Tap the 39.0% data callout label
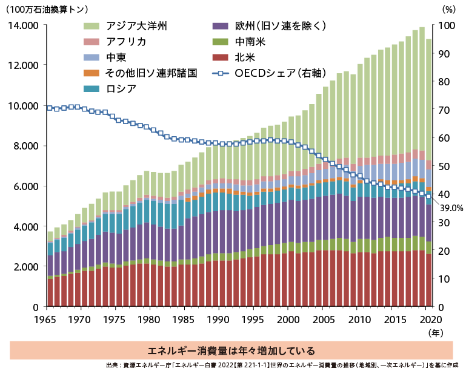coord(451,208)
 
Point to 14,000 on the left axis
coord(22,25)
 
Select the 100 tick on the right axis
coord(445,25)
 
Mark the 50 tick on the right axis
coord(444,166)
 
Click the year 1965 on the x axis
coord(47,319)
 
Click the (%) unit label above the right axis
coord(448,9)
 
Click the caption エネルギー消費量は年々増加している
coord(231,350)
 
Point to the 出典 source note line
coord(281,366)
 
